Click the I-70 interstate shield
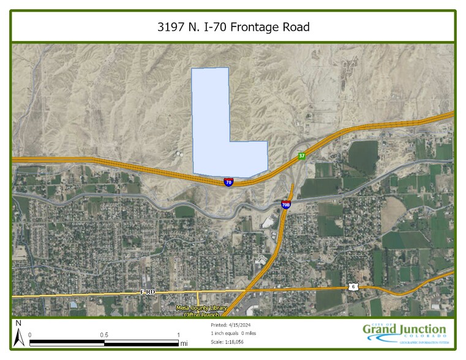(x=228, y=182)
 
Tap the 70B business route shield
(x=286, y=204)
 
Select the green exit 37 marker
(x=302, y=156)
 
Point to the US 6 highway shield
(x=353, y=287)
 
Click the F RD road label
(x=147, y=293)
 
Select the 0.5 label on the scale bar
(x=104, y=335)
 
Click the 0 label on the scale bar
(x=30, y=335)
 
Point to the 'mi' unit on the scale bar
(x=184, y=344)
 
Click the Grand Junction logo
(x=404, y=333)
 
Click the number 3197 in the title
(x=170, y=27)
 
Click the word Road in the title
(x=295, y=27)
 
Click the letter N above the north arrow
(x=18, y=323)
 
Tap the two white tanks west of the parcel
(x=179, y=154)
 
